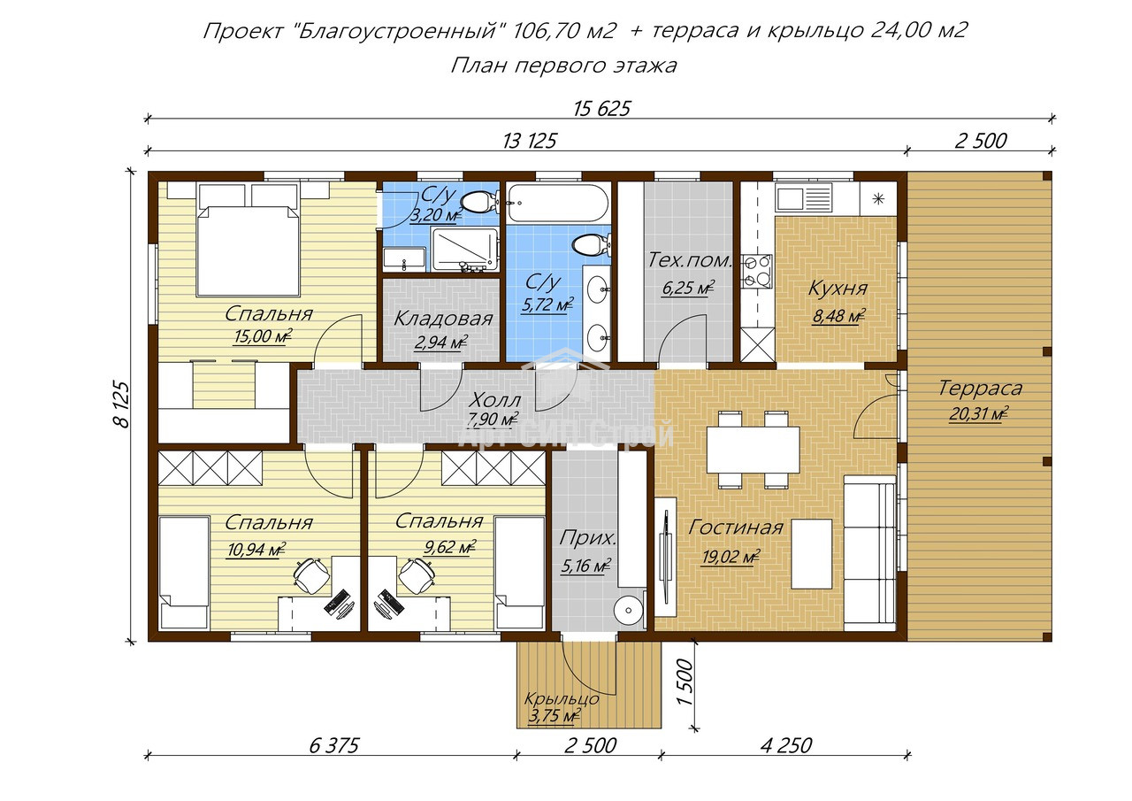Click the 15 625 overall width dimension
pos(601,109)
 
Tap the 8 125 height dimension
pos(121,404)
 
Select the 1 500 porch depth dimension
pos(684,682)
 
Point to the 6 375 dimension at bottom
pos(333,745)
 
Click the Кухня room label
pos(838,289)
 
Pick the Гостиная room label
pos(735,528)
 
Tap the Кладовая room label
pos(443,319)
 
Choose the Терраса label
pos(981,389)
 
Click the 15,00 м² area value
pos(263,336)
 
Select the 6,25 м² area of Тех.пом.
pos(688,288)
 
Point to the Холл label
pos(494,400)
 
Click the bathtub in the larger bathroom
pos(558,203)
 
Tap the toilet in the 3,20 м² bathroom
pos(480,203)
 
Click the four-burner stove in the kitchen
pos(756,271)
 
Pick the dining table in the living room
pos(753,450)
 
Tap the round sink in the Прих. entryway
pos(629,611)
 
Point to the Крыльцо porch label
pos(562,699)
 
